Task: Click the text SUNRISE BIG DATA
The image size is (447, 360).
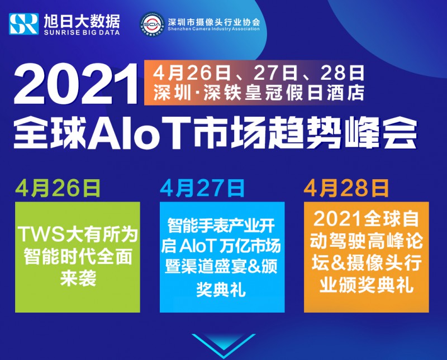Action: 82,32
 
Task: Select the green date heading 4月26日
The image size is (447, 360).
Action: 58,188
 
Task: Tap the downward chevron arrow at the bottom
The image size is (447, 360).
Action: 223,345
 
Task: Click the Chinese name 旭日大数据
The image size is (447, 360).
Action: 82,21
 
